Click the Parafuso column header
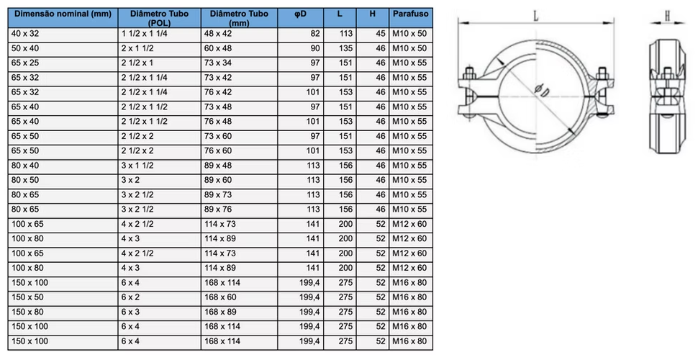pyautogui.click(x=410, y=14)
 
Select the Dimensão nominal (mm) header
pyautogui.click(x=63, y=14)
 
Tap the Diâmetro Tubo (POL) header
pyautogui.click(x=159, y=18)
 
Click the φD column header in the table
pyautogui.click(x=301, y=14)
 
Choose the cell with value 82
pyautogui.click(x=315, y=33)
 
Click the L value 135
pyautogui.click(x=345, y=48)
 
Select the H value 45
pyautogui.click(x=380, y=33)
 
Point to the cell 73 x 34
pyautogui.click(x=218, y=63)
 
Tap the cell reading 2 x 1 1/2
pyautogui.click(x=137, y=48)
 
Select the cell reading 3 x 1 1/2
pyautogui.click(x=137, y=166)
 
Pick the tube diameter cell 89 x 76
pyautogui.click(x=218, y=210)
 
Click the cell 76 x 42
pyautogui.click(x=218, y=92)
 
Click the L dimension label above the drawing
pyautogui.click(x=536, y=16)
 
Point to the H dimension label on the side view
pyautogui.click(x=667, y=16)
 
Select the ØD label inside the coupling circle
pyautogui.click(x=542, y=91)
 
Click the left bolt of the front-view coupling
pyautogui.click(x=469, y=94)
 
